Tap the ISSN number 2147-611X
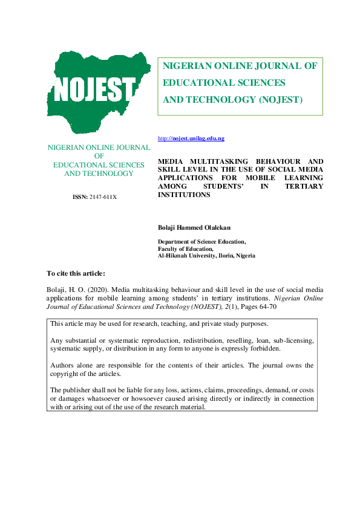point(94,197)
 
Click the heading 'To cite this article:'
point(76,273)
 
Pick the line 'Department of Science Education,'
point(201,241)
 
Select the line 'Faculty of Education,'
point(185,248)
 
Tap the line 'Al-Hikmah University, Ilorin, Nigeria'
point(206,256)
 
